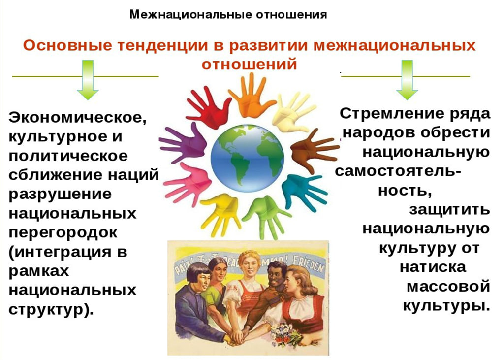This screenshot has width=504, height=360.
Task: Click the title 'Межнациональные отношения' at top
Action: [x=228, y=14]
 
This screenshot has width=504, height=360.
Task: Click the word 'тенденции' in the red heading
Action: [x=163, y=45]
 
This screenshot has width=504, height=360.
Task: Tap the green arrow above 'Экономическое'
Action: [x=88, y=79]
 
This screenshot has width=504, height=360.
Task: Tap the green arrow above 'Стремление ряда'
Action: [x=407, y=79]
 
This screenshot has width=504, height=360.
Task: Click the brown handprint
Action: [x=314, y=150]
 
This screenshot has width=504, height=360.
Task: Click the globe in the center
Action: [x=247, y=158]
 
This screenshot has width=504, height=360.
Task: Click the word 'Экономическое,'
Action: [x=78, y=118]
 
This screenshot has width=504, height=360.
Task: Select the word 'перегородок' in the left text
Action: [x=63, y=232]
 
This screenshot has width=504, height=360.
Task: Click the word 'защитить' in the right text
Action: [x=450, y=210]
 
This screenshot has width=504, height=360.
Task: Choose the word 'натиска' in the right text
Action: [x=433, y=267]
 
